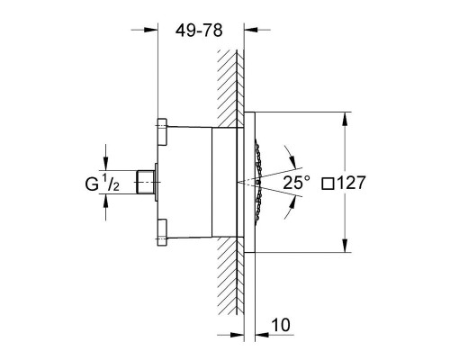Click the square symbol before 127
pos(328,182)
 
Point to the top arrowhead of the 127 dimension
pos(345,116)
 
